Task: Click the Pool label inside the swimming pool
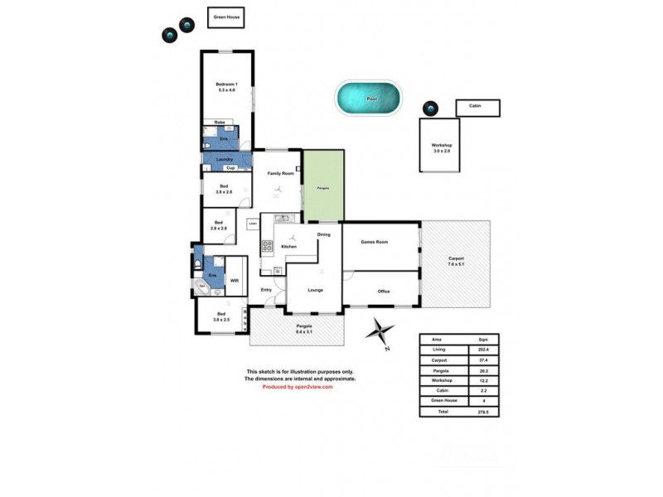371,99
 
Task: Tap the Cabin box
477,108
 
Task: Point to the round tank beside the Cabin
429,109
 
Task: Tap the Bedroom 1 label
226,86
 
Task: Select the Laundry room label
224,159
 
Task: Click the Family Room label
280,173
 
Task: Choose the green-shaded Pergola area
323,187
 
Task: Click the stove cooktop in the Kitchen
268,245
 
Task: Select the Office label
383,291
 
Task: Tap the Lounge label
314,290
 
